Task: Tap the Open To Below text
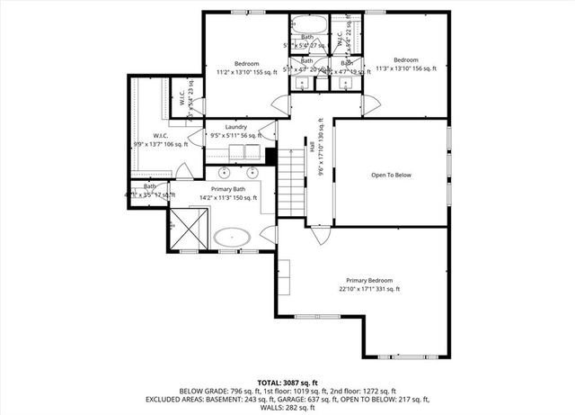tap(391, 175)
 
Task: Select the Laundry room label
tap(236, 127)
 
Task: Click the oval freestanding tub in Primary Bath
tap(233, 238)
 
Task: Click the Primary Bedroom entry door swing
tap(320, 236)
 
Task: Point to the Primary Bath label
tap(227, 189)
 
